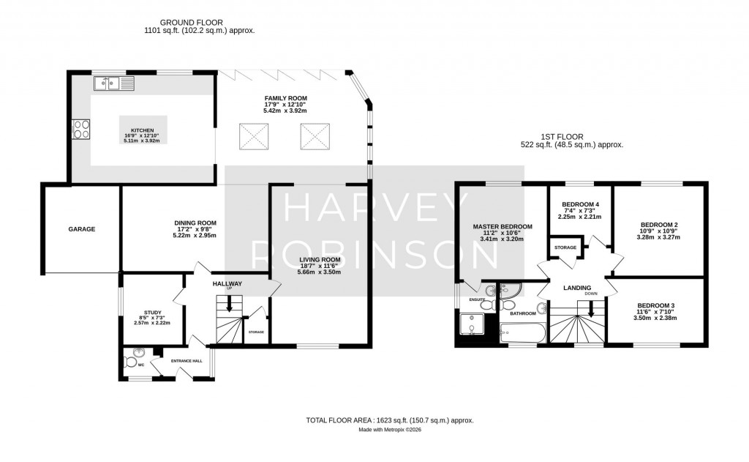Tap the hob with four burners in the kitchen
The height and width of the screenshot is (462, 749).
pos(82,129)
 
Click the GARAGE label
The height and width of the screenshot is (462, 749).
pos(82,229)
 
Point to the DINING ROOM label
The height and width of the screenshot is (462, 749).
pos(195,223)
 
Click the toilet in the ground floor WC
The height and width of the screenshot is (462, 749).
pos(130,361)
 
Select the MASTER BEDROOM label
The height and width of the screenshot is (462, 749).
pos(502,227)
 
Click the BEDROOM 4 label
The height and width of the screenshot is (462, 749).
pos(580,204)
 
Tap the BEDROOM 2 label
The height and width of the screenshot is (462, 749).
pos(659,225)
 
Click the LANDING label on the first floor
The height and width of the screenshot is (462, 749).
pos(576,288)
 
